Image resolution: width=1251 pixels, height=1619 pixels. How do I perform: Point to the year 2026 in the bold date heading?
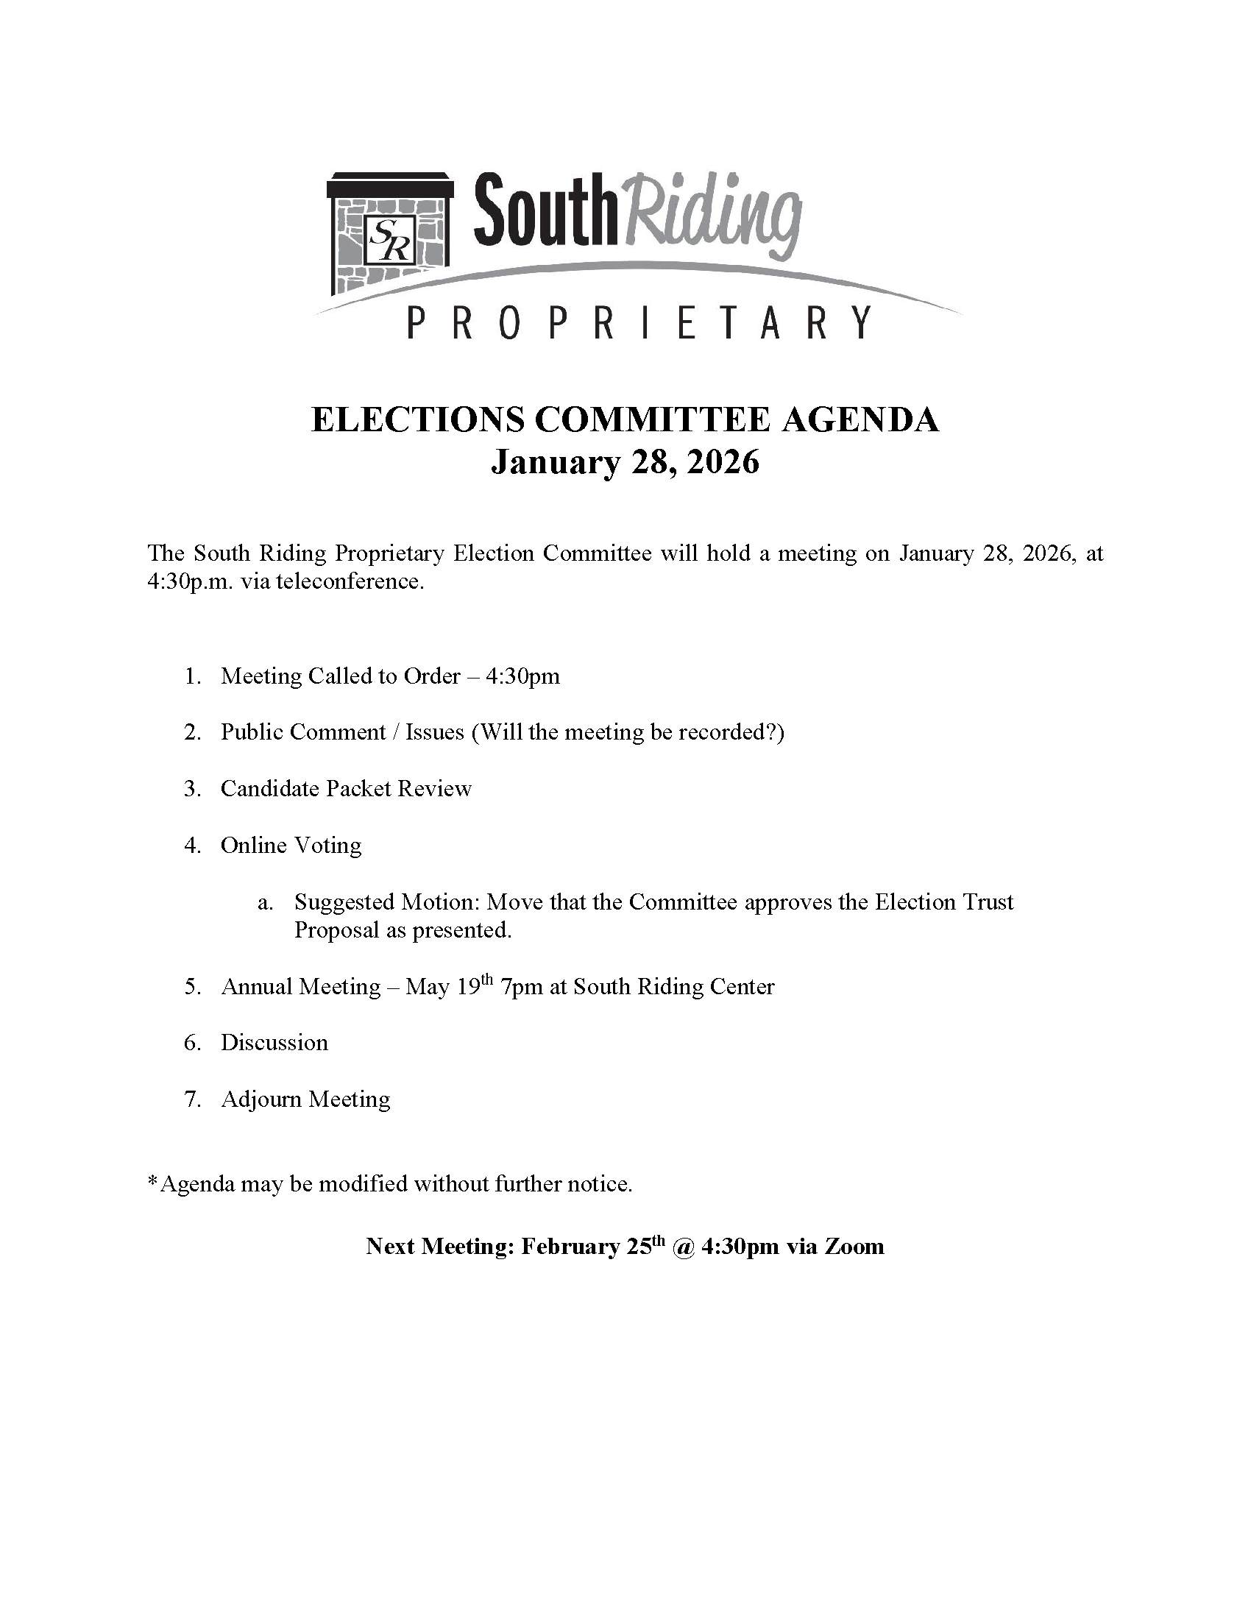[x=723, y=462]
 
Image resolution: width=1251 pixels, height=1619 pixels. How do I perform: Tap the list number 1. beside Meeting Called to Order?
[x=194, y=676]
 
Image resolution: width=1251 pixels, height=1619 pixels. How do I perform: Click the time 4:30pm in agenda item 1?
[x=522, y=676]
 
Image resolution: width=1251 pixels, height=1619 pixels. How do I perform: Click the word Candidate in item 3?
[x=270, y=788]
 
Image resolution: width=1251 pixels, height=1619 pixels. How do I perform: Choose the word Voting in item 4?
[x=327, y=846]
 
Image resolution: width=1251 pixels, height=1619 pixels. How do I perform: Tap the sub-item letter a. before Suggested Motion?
[x=265, y=902]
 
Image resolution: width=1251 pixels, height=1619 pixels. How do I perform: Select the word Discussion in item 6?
[x=274, y=1043]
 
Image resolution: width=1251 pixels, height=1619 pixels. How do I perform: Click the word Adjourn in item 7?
[x=261, y=1099]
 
